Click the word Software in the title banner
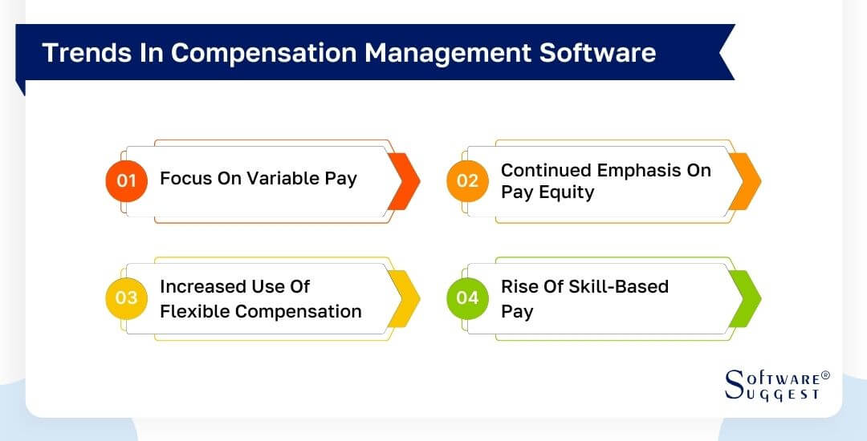point(598,52)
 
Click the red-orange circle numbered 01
point(127,180)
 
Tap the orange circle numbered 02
point(467,180)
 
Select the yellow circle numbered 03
point(127,298)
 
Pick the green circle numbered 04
point(467,298)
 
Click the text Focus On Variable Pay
point(258,178)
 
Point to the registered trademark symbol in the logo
point(825,375)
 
